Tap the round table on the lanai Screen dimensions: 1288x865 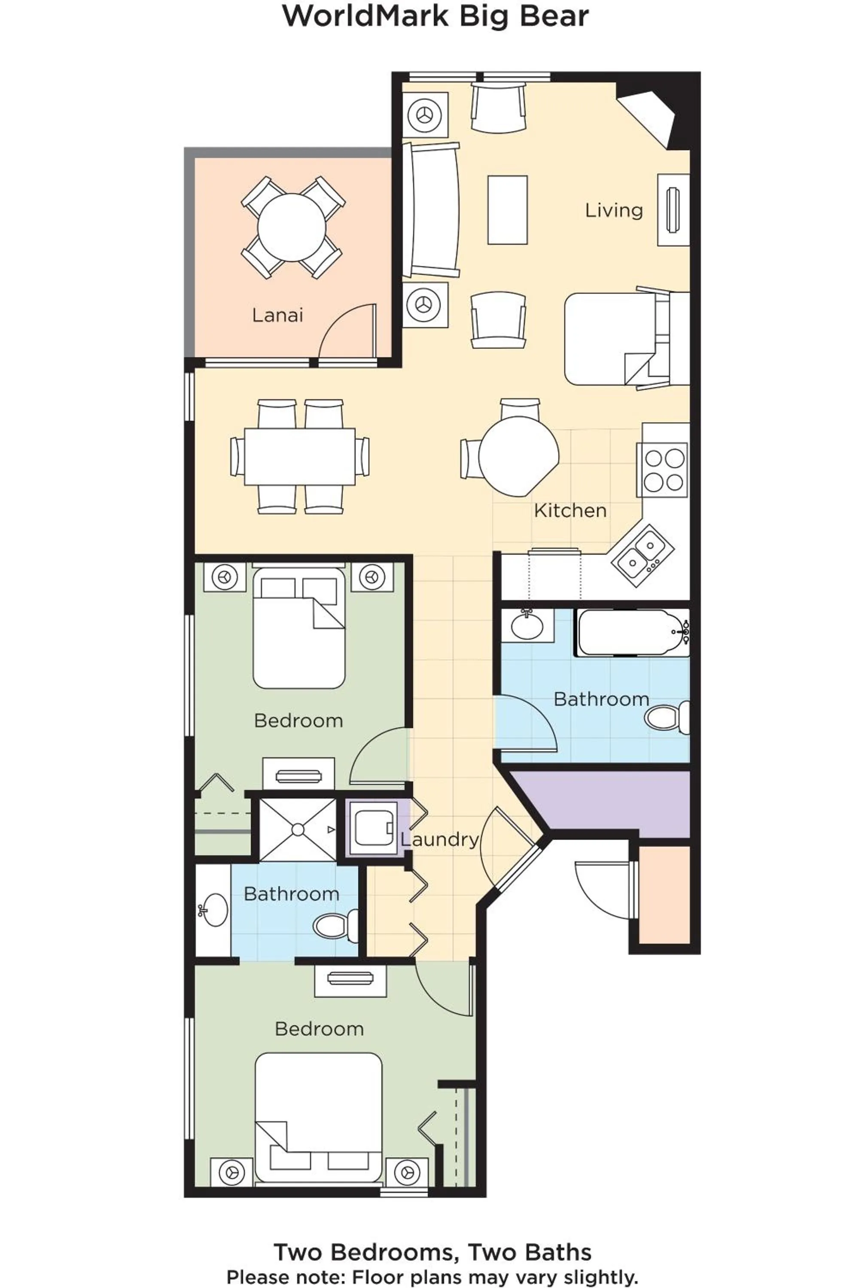pos(292,227)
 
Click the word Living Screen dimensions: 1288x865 pos(613,210)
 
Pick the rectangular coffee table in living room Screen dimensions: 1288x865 pos(507,210)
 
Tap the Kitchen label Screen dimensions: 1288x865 pos(570,510)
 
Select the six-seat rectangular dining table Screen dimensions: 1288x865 pos(299,456)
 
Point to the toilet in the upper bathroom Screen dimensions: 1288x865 pos(665,717)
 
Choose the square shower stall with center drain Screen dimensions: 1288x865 pos(297,829)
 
